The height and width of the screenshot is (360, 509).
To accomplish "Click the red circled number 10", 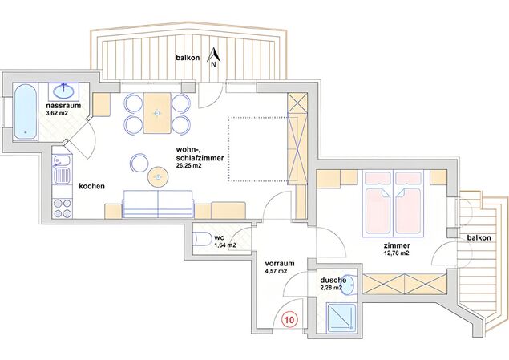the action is click(289, 320).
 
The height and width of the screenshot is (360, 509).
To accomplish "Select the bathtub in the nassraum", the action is click(25, 112).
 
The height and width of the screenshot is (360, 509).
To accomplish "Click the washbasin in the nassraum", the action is click(64, 91).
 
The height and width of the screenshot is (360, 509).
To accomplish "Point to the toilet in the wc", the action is click(201, 239).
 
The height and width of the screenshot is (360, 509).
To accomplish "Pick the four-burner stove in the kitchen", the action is click(63, 208).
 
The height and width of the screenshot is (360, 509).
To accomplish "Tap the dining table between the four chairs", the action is click(157, 113).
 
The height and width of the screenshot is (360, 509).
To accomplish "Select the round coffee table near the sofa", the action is click(158, 177).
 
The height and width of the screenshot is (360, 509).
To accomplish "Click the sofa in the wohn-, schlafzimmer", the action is click(158, 204).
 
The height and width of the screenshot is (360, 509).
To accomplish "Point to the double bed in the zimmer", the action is click(394, 204).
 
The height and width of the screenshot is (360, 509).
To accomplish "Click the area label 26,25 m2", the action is click(189, 165).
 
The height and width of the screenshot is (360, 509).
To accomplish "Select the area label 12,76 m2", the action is click(396, 253).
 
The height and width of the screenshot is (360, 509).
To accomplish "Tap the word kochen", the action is click(92, 186).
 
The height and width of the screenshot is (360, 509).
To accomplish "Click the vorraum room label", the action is click(280, 263).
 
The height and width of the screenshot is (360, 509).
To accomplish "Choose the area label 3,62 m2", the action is click(57, 113).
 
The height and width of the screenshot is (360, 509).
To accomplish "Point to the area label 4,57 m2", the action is click(276, 271).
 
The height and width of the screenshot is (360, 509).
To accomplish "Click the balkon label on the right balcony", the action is click(479, 237).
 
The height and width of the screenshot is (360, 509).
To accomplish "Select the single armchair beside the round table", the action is click(139, 163).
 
